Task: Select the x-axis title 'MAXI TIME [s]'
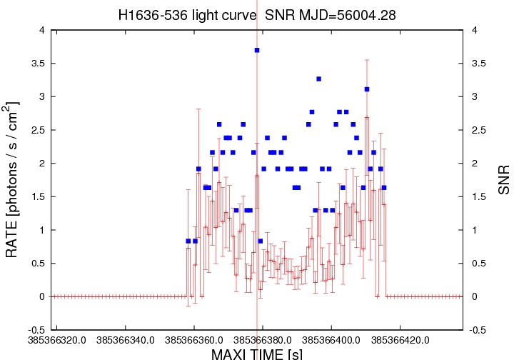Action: click(x=256, y=353)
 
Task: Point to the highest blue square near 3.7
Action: click(x=256, y=50)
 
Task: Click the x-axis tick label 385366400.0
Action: click(x=331, y=340)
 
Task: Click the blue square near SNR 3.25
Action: click(x=318, y=79)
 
